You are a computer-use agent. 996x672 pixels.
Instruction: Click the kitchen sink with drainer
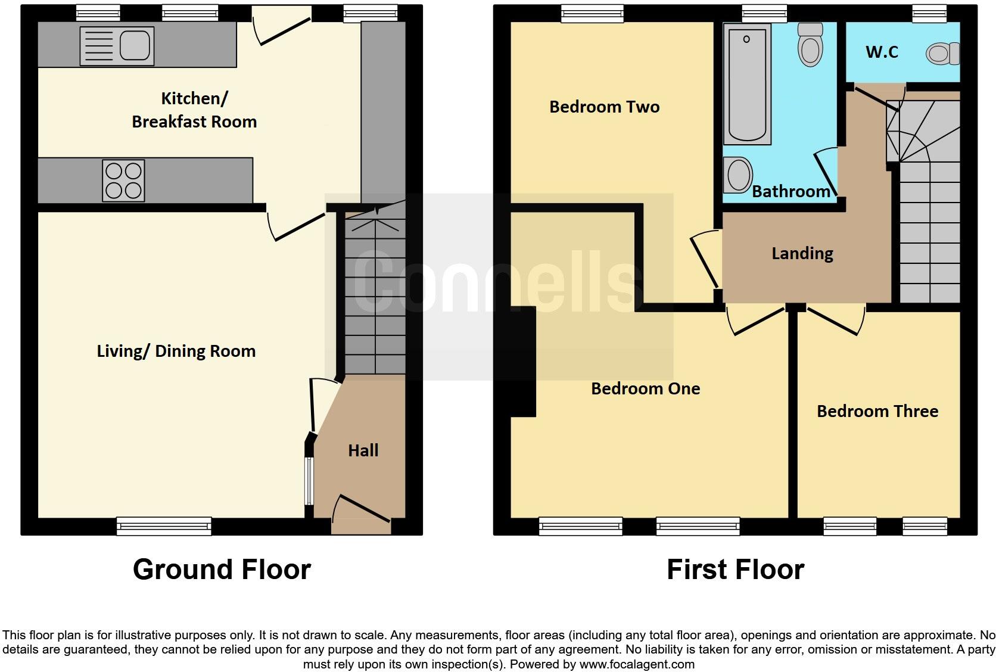117,46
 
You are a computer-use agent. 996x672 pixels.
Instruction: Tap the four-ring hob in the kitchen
123,181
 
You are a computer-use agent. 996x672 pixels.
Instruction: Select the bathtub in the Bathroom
746,83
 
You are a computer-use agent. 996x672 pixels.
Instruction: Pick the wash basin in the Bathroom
738,175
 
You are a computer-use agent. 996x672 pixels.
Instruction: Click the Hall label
363,450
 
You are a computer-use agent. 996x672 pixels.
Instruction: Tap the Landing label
802,254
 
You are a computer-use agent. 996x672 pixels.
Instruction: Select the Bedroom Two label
604,107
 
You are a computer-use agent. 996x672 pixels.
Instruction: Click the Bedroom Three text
877,411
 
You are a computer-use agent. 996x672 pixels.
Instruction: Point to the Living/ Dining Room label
176,351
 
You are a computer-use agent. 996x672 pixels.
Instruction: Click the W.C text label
882,52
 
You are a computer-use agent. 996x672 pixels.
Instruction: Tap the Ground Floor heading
222,569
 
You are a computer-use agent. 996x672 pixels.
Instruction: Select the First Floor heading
735,569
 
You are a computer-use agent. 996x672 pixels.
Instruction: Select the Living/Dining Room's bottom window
164,526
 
